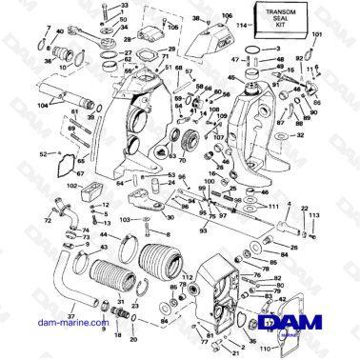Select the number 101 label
point(317,35)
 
